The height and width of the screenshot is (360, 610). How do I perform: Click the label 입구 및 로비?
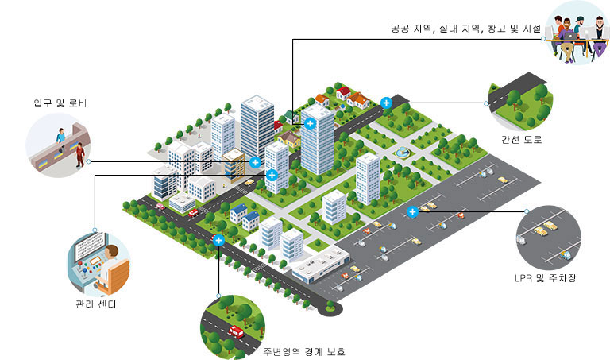[x=60, y=103]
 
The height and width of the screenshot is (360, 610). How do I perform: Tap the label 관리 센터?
[x=96, y=304]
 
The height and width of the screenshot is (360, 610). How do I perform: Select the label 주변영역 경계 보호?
[x=304, y=351]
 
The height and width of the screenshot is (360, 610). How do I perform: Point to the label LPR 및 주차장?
[x=546, y=278]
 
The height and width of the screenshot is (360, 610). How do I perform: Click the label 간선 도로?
[x=521, y=139]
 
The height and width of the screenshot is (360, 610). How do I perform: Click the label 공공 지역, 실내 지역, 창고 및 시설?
[x=465, y=29]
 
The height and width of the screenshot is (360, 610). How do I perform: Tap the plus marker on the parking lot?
[x=412, y=211]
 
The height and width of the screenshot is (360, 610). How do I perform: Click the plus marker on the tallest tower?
[x=310, y=124]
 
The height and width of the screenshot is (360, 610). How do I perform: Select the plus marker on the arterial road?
[x=386, y=103]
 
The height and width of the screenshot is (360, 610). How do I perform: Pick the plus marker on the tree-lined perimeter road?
[x=218, y=241]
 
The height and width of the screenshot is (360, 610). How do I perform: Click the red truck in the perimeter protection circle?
[x=236, y=331]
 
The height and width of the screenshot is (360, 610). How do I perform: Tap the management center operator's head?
[x=111, y=251]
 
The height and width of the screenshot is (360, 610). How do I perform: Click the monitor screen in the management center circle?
[x=90, y=246]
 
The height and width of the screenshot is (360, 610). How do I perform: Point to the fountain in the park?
[x=402, y=152]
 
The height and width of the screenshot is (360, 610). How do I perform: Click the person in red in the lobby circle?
[x=80, y=154]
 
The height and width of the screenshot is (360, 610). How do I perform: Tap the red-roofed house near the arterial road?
[x=343, y=94]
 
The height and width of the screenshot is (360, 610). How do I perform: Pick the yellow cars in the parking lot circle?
[x=546, y=228]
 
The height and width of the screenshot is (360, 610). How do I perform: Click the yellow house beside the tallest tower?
[x=288, y=139]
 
